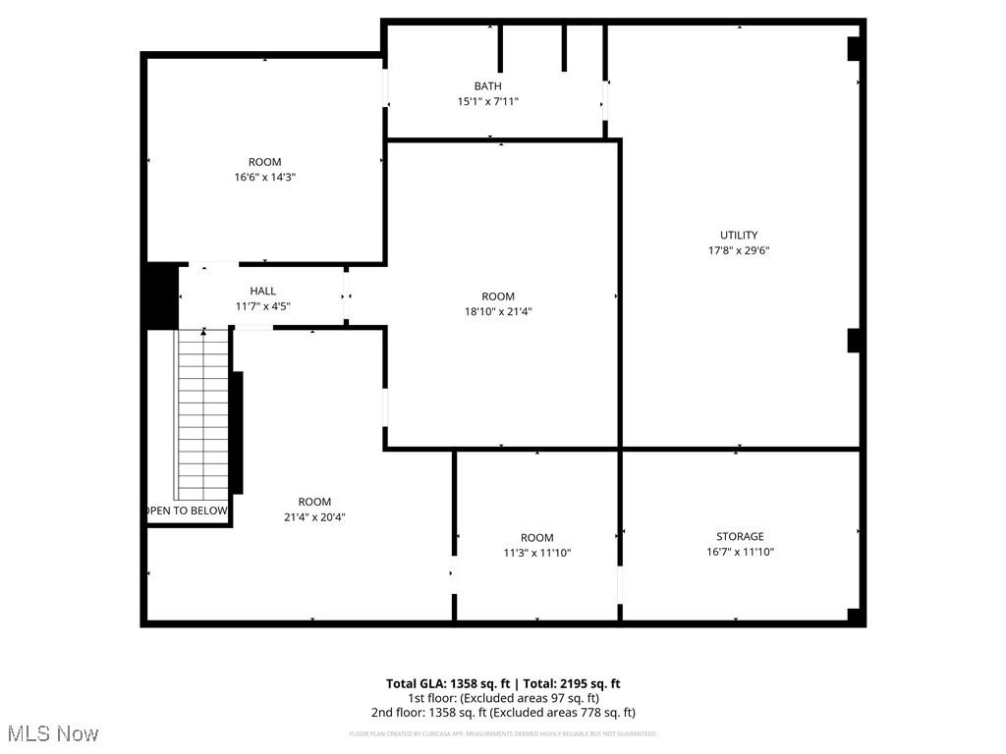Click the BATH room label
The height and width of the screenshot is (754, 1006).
[487, 86]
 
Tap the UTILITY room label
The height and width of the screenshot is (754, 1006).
[739, 235]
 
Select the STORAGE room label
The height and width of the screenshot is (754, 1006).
[740, 536]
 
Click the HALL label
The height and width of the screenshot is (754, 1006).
[262, 291]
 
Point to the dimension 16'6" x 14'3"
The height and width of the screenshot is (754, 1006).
[264, 178]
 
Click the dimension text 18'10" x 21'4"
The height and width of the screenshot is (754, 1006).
[498, 312]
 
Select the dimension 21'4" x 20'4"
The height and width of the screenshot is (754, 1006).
[314, 516]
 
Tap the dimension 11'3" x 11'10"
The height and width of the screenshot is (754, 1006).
[536, 553]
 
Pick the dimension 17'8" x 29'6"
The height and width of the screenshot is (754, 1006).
[739, 250]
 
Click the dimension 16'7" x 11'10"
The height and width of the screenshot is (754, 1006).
[740, 552]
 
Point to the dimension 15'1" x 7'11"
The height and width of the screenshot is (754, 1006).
[487, 101]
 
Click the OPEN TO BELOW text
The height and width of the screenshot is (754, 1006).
[188, 511]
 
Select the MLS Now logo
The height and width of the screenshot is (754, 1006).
[52, 733]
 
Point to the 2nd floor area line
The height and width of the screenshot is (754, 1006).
[502, 713]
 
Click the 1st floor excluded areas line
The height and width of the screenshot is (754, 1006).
[502, 698]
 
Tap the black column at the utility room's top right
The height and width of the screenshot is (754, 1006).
[854, 49]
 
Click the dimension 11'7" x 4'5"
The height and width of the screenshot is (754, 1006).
[262, 306]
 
